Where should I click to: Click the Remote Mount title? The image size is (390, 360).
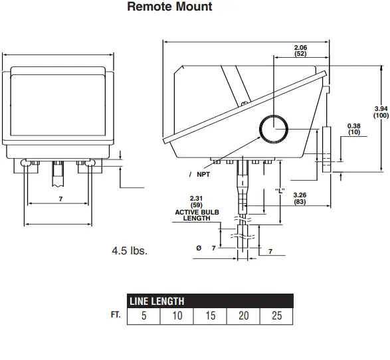click(169, 7)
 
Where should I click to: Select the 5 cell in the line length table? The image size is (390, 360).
click(144, 315)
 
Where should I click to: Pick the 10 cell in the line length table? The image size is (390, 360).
click(177, 315)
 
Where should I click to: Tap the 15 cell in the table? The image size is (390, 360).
click(210, 315)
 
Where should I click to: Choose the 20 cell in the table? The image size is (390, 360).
click(244, 315)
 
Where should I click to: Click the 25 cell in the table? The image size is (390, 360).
click(277, 315)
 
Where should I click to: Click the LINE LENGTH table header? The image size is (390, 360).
click(156, 301)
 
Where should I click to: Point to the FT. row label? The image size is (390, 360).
click(116, 314)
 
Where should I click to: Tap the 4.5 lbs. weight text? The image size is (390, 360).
click(130, 252)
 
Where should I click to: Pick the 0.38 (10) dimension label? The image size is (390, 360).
click(353, 129)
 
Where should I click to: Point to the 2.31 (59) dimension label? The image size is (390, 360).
click(196, 201)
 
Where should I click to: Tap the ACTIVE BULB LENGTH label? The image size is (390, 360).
click(196, 215)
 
